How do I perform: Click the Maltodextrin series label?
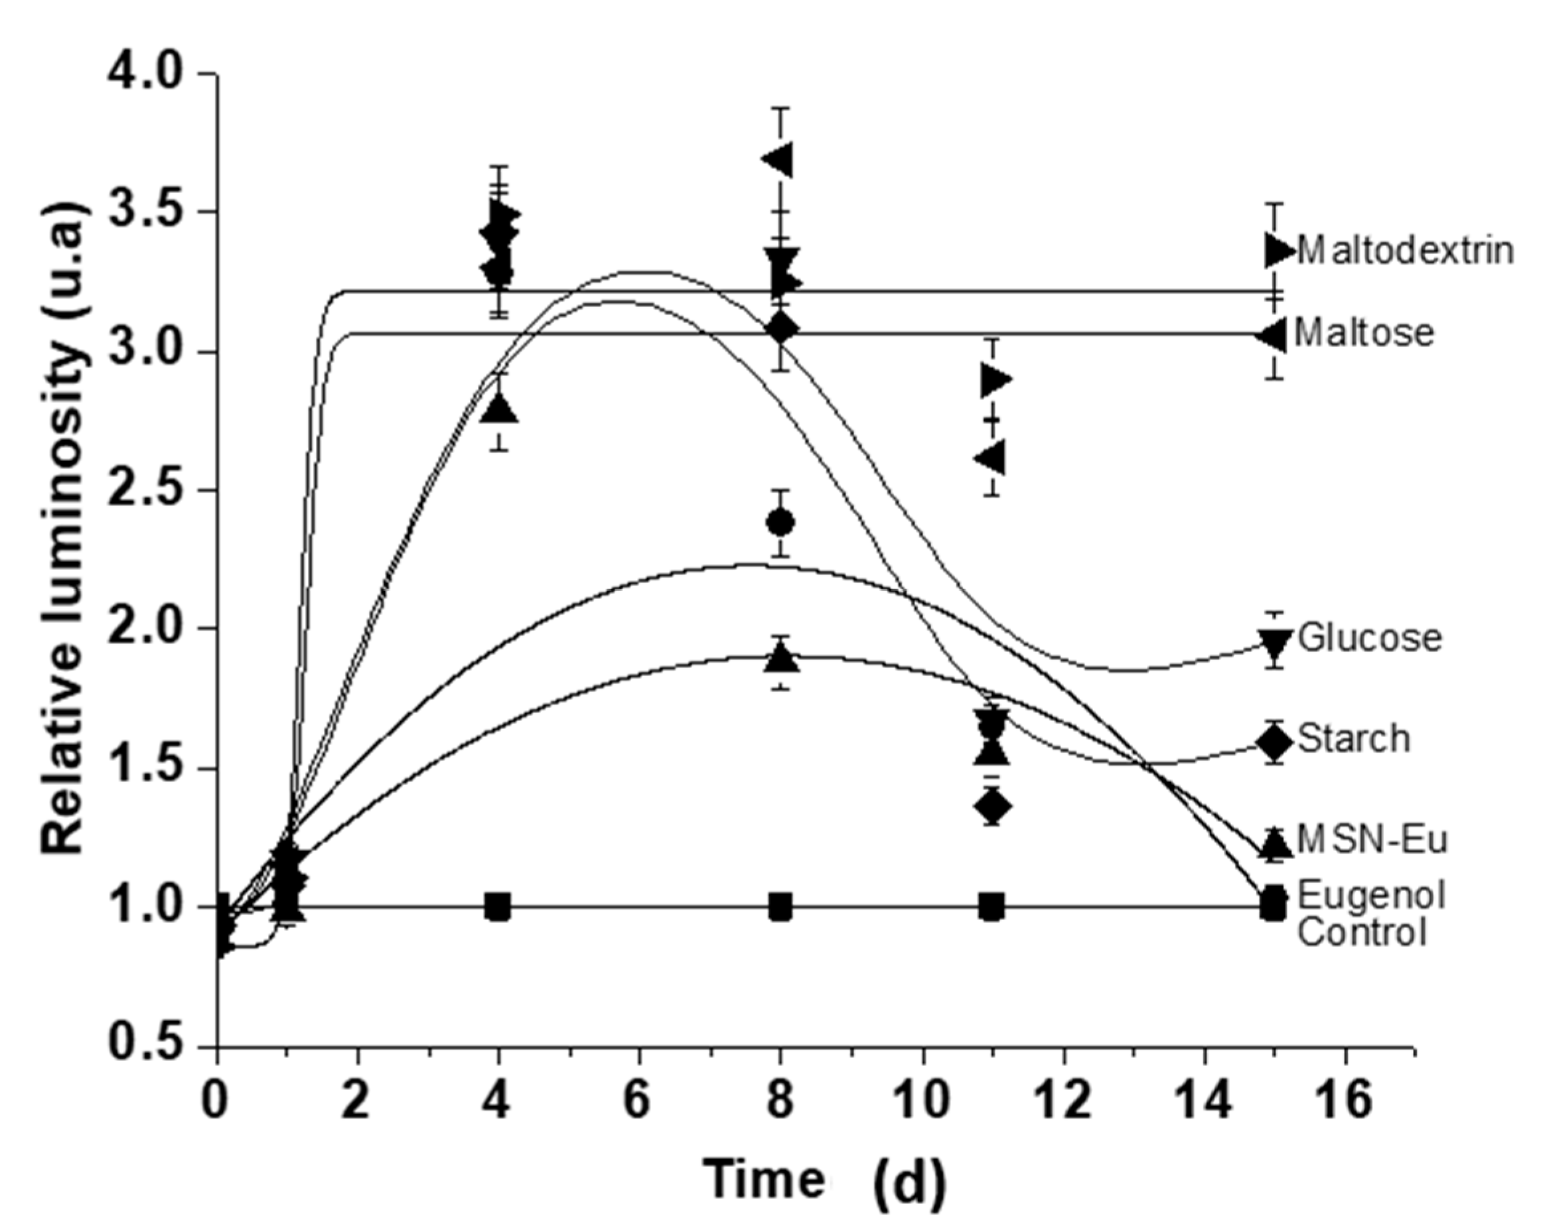coord(1404,251)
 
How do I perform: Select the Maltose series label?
coord(1364,333)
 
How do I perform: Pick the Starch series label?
coord(1354,739)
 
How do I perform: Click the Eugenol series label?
coord(1371,895)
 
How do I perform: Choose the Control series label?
coord(1362,933)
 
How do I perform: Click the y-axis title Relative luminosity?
coord(66,529)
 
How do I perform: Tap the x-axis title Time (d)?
coord(826,1179)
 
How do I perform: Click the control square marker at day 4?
coord(498,907)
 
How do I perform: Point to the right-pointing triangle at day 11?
coord(995,379)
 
